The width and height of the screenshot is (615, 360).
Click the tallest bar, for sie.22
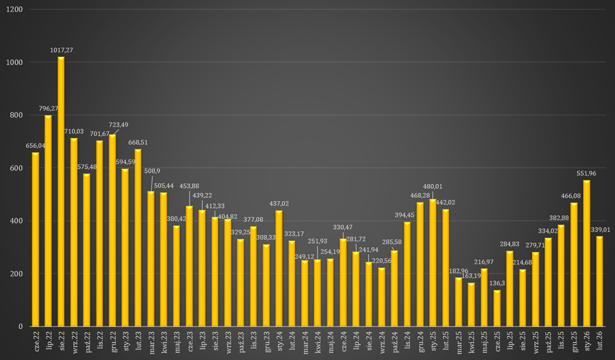61,191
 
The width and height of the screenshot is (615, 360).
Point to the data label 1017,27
61,50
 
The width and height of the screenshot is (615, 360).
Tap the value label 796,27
49,109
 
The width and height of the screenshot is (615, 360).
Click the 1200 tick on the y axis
15,10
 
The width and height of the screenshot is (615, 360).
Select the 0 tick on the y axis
21,327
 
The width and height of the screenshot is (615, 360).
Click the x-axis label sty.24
279,341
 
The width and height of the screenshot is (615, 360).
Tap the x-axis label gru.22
112,341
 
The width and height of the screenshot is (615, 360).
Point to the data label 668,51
138,142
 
